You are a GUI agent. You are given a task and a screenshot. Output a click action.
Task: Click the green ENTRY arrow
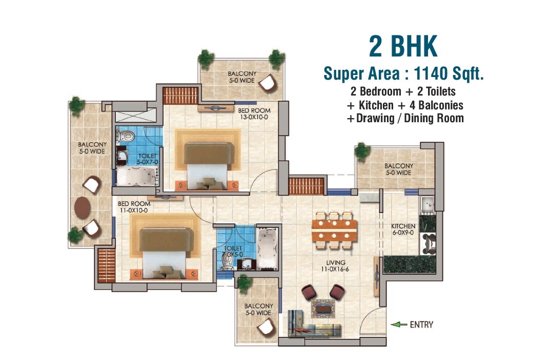click(x=397, y=324)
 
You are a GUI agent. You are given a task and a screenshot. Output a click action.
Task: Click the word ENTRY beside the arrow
click(x=421, y=324)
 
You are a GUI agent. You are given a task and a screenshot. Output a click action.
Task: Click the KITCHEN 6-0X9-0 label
click(x=403, y=230)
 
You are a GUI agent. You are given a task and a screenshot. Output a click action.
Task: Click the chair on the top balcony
click(x=267, y=82)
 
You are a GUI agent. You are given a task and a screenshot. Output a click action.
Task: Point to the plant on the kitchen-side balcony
click(x=362, y=150)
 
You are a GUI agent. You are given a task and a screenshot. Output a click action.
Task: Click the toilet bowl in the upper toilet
click(x=126, y=137)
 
